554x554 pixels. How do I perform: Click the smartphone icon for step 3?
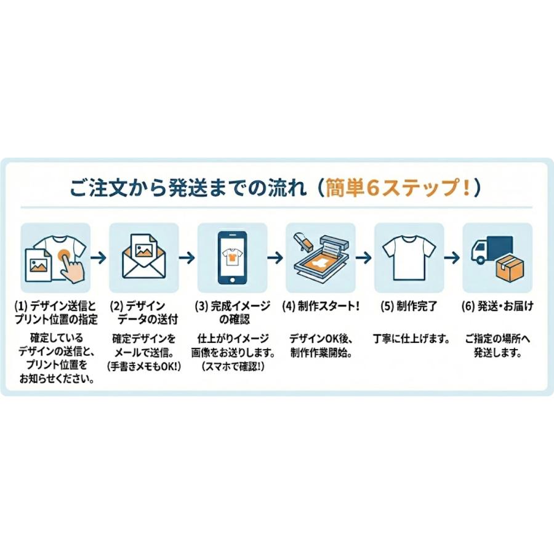(x=233, y=258)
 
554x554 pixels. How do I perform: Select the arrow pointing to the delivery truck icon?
(x=453, y=257)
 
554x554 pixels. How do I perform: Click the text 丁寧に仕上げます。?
(x=411, y=339)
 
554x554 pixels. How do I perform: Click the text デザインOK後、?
(x=319, y=339)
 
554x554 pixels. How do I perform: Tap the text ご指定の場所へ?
(x=498, y=339)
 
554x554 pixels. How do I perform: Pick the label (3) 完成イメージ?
(x=231, y=306)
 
